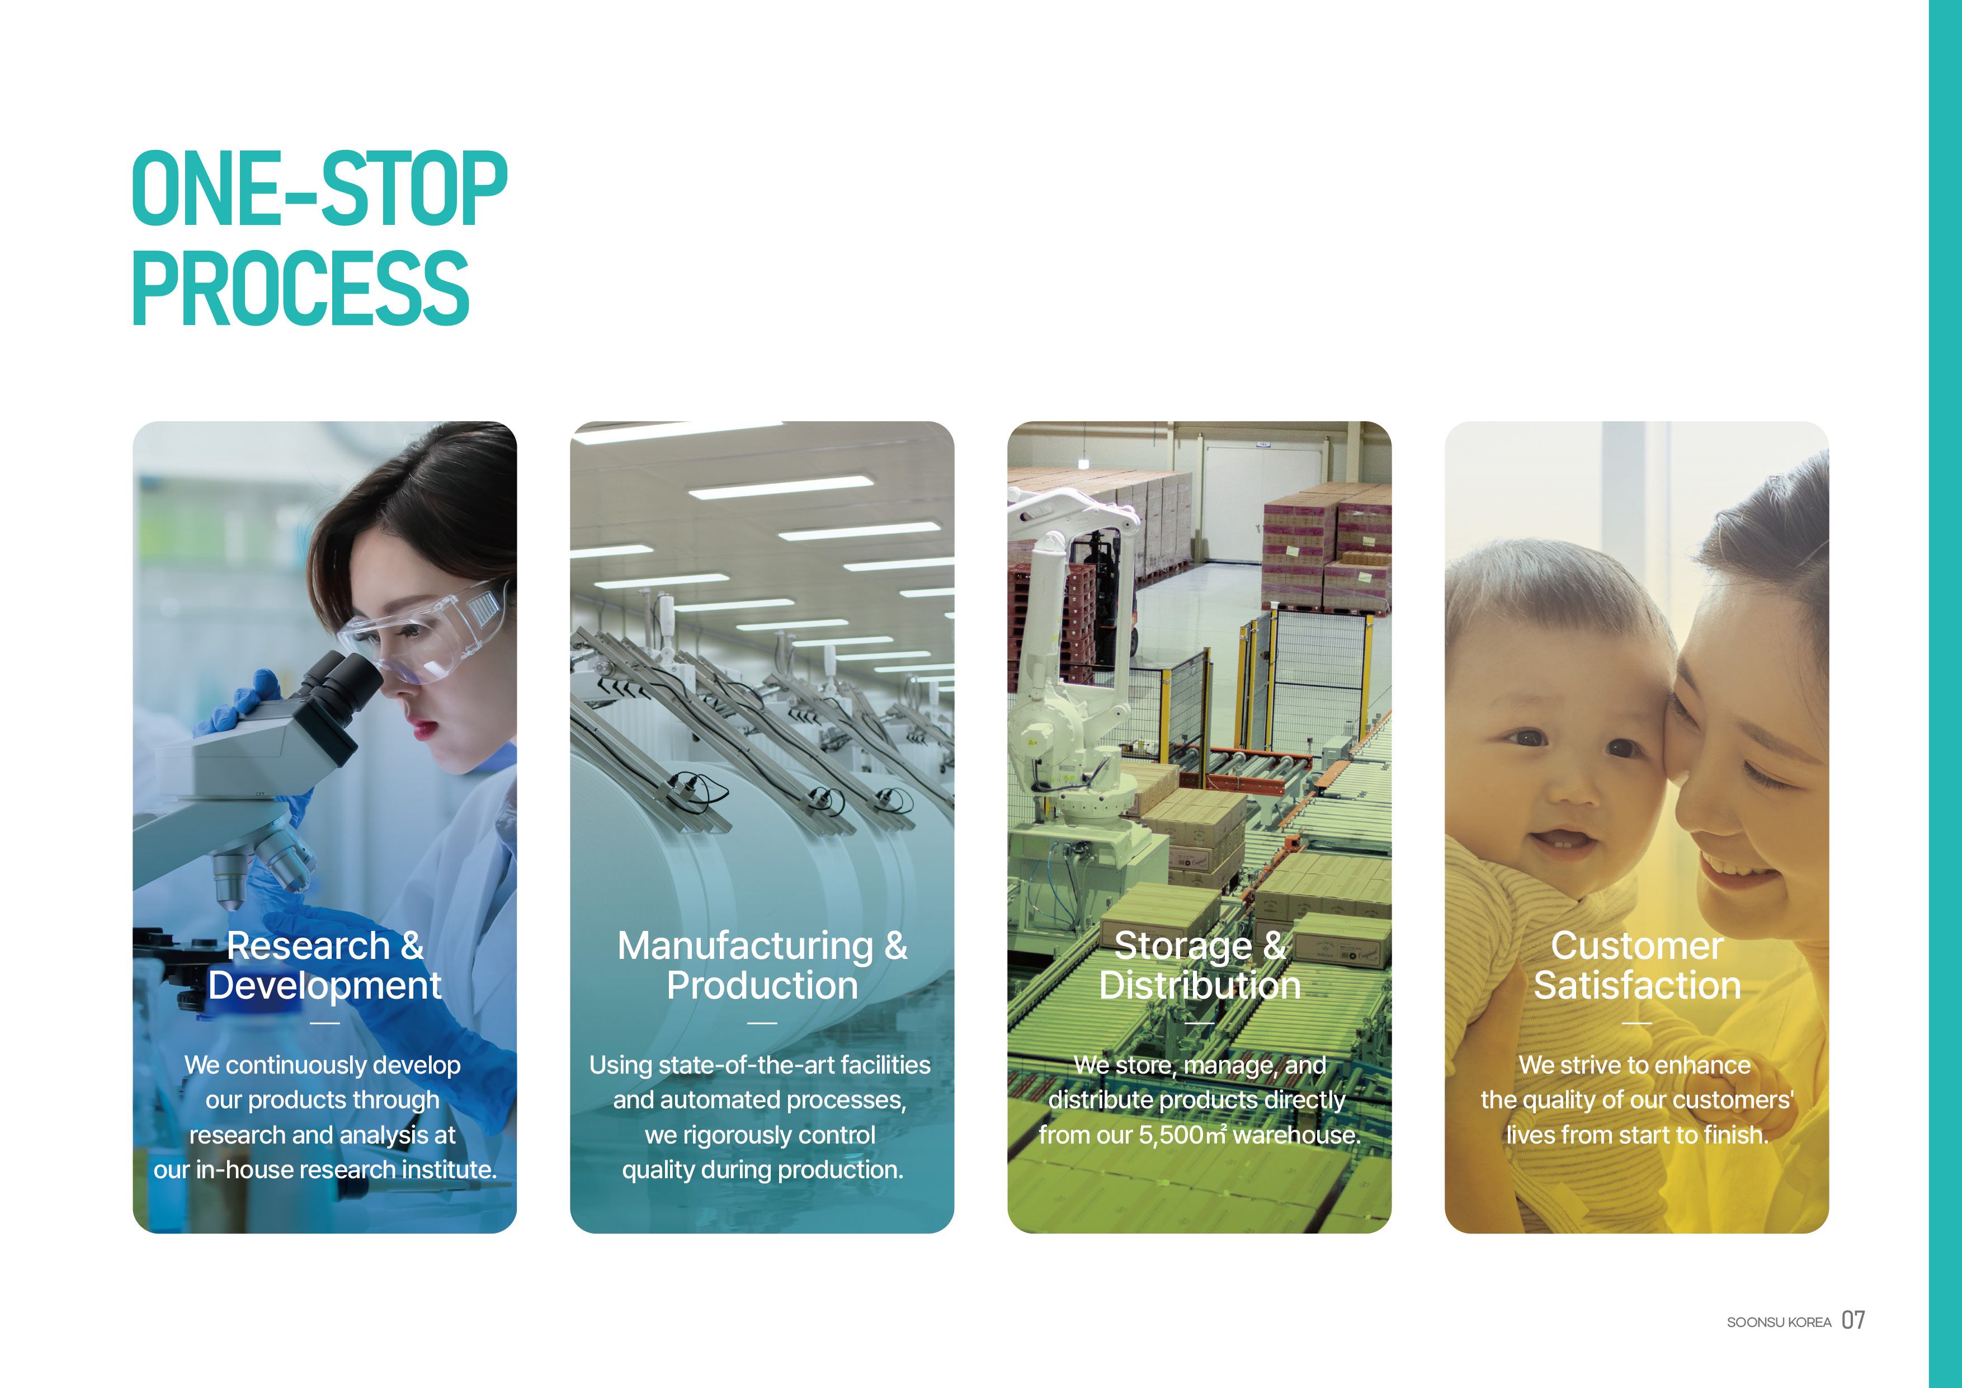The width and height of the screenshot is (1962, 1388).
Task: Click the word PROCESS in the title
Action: (301, 288)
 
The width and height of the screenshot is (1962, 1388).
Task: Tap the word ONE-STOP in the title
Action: (319, 189)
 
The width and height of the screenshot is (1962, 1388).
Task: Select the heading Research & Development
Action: (325, 965)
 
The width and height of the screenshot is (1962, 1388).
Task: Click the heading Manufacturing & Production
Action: (762, 965)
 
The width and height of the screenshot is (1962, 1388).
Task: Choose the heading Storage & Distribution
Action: (1200, 965)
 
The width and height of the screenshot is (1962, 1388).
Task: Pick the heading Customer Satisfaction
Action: (1637, 965)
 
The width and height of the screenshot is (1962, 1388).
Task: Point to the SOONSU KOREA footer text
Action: (1779, 1322)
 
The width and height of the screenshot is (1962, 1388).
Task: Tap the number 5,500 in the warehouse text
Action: (1171, 1135)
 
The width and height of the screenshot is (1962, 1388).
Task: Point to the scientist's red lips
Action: (425, 729)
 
